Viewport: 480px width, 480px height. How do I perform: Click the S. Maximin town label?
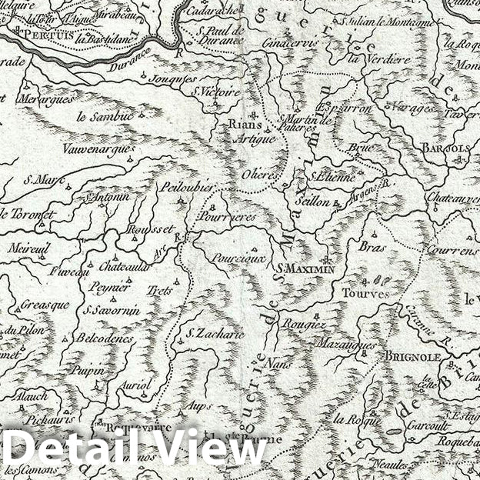tap(306, 268)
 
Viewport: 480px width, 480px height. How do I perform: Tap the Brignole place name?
tap(408, 357)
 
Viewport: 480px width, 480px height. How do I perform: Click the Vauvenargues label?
tap(94, 149)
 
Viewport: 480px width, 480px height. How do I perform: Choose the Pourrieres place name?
tap(232, 218)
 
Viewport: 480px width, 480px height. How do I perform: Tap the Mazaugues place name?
tap(346, 345)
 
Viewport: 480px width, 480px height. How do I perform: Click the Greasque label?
tap(45, 304)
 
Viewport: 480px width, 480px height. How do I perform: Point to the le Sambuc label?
tap(105, 117)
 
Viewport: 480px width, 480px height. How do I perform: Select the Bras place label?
tap(372, 247)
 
